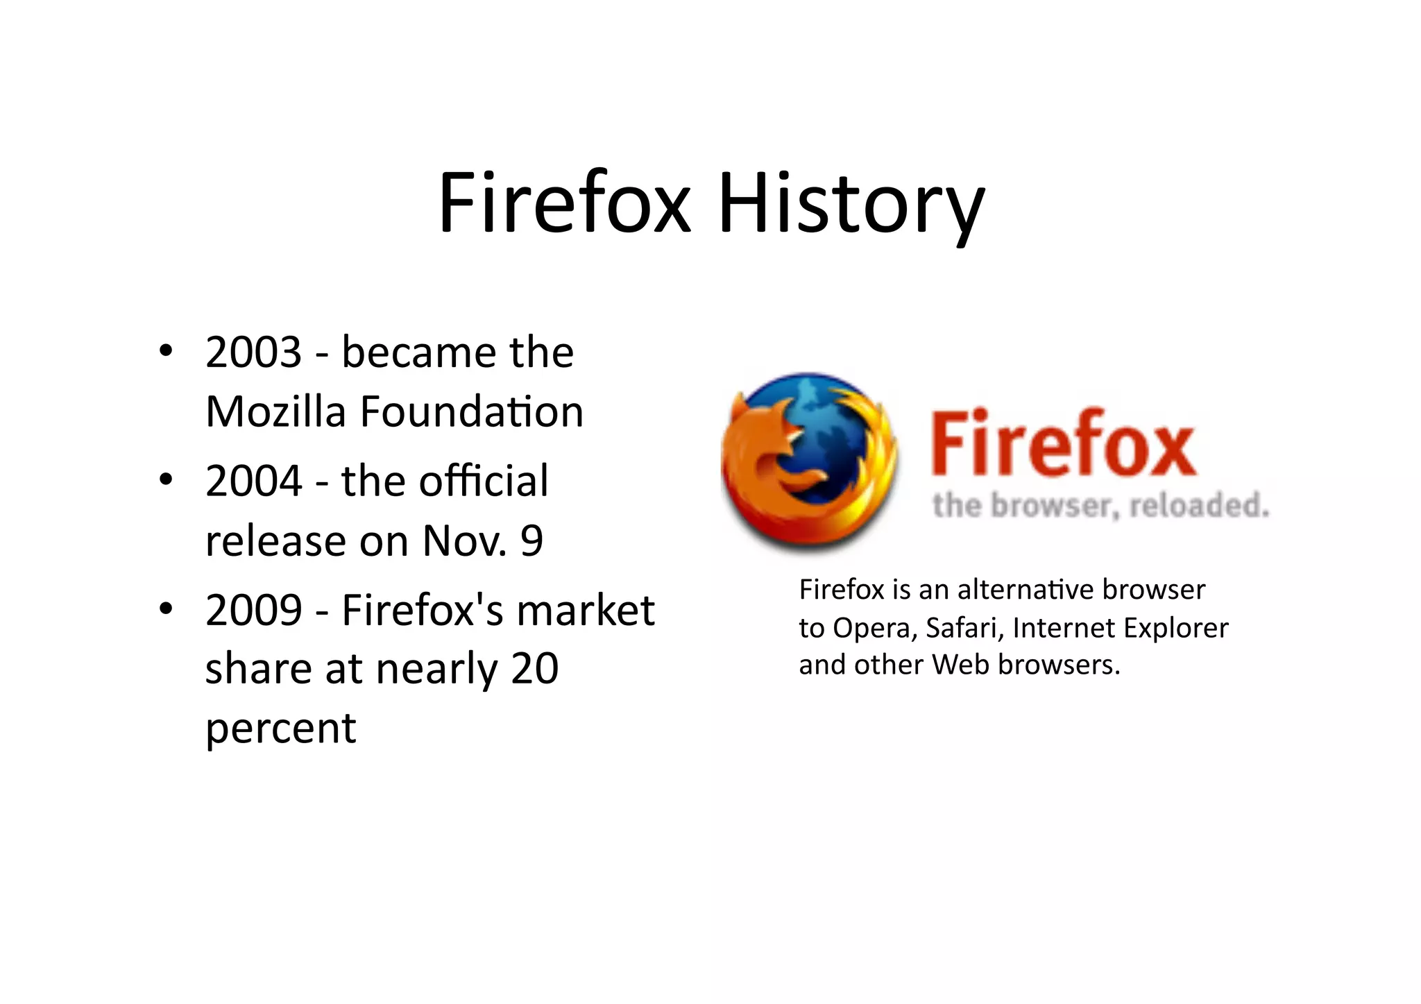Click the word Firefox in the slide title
(565, 203)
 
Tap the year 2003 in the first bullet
(254, 352)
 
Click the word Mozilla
(275, 411)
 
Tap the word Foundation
(471, 411)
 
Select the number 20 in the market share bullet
(535, 668)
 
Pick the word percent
(281, 729)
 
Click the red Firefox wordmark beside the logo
(1063, 444)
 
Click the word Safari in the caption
(964, 628)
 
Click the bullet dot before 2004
(165, 479)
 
